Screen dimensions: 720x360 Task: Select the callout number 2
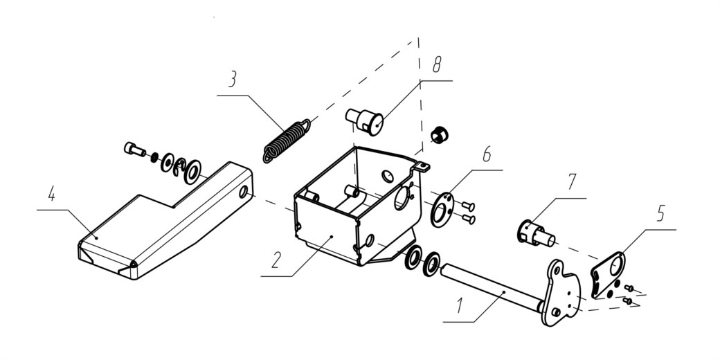(x=276, y=260)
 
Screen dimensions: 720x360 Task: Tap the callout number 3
(x=233, y=79)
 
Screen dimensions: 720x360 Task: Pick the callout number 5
(x=660, y=213)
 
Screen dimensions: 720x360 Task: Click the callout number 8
(x=436, y=65)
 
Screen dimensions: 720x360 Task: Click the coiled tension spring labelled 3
(x=287, y=141)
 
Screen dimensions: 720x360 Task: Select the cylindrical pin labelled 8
(x=365, y=121)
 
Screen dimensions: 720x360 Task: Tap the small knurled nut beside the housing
(x=440, y=135)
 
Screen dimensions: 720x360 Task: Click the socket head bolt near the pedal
(x=134, y=150)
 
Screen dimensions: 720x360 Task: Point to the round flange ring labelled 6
(x=442, y=209)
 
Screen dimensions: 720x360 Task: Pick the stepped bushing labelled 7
(x=537, y=233)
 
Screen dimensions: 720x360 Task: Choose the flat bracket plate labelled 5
(x=608, y=275)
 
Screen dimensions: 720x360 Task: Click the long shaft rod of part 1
(x=492, y=287)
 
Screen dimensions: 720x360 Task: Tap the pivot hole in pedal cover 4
(x=243, y=192)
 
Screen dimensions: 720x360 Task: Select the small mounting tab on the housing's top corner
(x=424, y=166)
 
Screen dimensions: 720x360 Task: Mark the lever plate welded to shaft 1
(x=561, y=293)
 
